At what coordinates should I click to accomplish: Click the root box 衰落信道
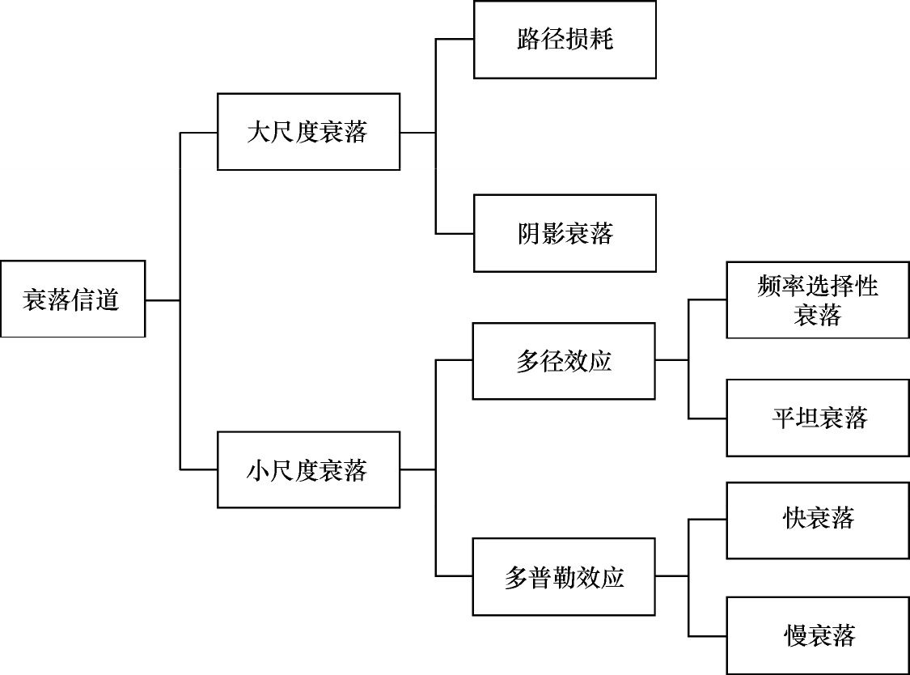73,299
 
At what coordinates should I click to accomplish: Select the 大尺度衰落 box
308,132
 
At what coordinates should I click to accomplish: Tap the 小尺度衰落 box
308,469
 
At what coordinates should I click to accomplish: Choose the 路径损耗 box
565,40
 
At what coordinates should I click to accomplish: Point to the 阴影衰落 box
565,233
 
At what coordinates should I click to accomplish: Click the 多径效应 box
564,361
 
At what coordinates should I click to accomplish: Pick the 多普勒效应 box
564,577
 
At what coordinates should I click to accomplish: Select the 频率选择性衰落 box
818,299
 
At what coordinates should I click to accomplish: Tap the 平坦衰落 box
818,418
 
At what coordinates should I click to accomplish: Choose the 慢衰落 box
818,635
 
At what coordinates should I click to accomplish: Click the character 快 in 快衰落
794,518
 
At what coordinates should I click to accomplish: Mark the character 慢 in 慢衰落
794,635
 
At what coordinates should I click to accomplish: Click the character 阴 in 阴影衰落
529,233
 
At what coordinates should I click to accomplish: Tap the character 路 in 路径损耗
529,40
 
